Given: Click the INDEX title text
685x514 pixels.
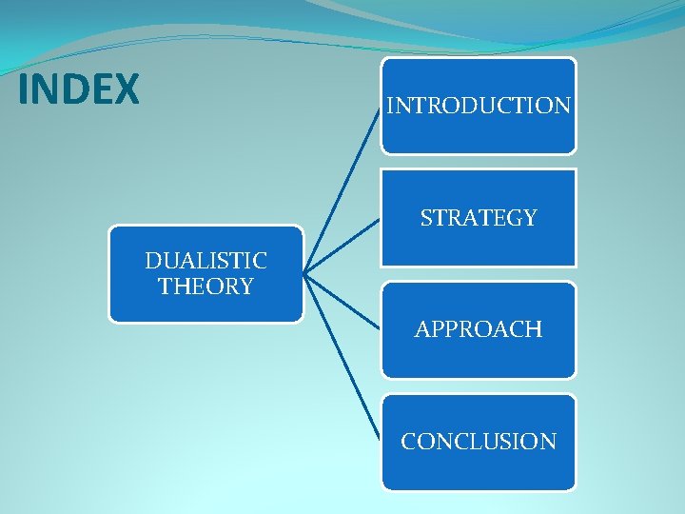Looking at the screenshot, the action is click(x=79, y=90).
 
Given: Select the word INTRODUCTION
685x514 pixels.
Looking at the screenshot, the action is click(x=479, y=106).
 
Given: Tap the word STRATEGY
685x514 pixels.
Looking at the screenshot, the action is click(x=479, y=218).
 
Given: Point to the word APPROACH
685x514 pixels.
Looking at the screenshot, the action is click(x=479, y=330).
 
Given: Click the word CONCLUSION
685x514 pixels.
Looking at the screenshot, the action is click(x=479, y=442).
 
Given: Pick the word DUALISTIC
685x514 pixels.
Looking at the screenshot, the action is click(x=205, y=260).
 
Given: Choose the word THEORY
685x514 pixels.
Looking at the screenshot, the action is click(x=205, y=287).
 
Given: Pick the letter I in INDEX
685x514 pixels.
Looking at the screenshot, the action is click(x=23, y=90).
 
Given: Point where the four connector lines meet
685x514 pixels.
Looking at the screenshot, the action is click(x=305, y=274).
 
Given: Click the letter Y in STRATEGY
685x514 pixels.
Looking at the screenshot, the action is click(x=530, y=218).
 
